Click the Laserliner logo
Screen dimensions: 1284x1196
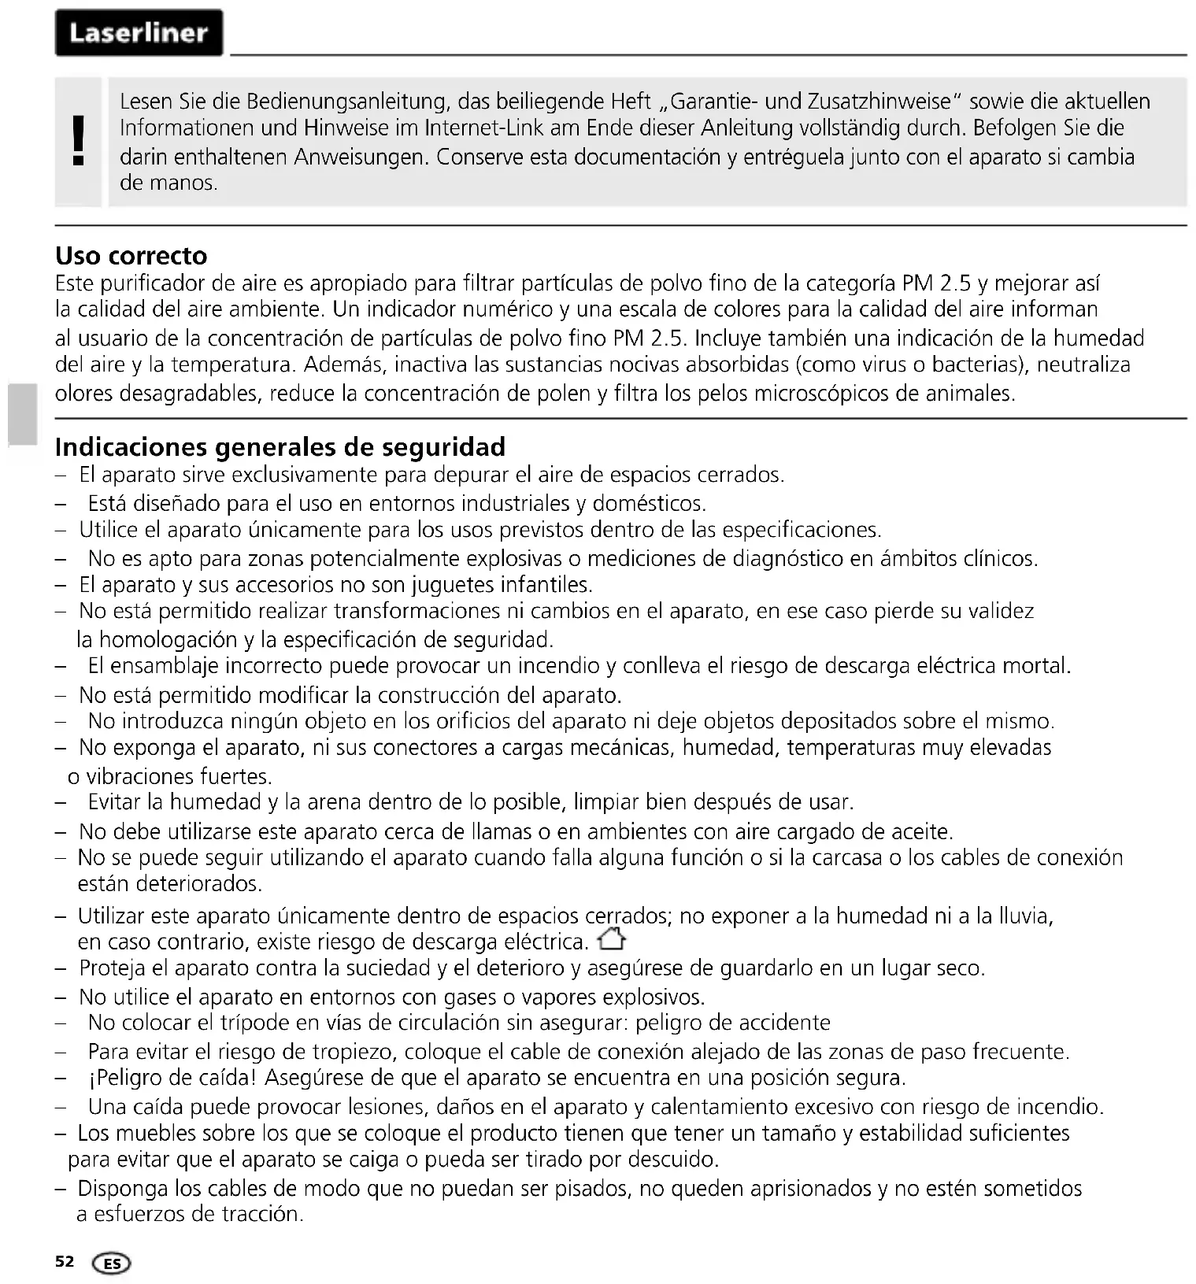[139, 33]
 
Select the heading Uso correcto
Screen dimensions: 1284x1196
[131, 256]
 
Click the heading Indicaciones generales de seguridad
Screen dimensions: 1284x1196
[280, 447]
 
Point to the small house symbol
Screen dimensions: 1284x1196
[612, 940]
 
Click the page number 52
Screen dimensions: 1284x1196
[65, 1261]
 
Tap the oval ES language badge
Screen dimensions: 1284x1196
[112, 1264]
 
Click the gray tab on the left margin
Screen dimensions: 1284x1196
[23, 414]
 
